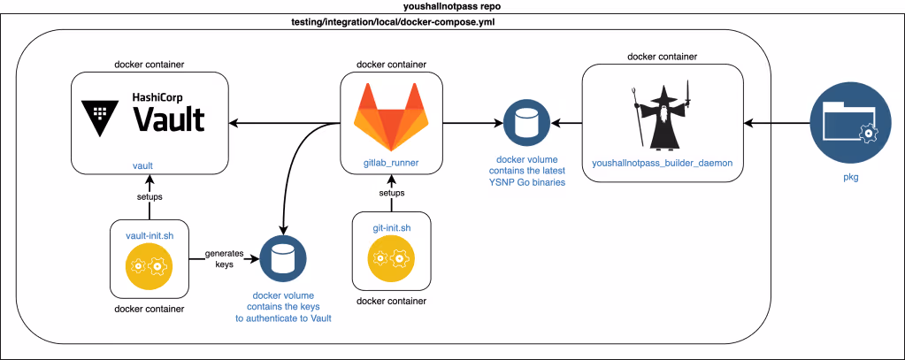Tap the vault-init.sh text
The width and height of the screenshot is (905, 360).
tap(150, 234)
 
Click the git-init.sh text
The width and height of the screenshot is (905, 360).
tap(392, 228)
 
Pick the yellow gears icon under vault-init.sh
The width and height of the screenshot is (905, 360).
tap(150, 265)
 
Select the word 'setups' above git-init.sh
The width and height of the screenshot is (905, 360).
tap(392, 193)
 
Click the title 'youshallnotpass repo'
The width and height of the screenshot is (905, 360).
tap(452, 6)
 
